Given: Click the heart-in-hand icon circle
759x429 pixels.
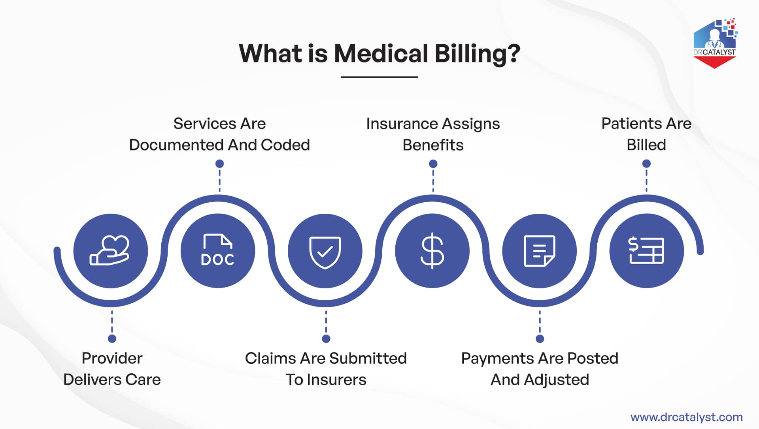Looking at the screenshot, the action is tap(111, 251).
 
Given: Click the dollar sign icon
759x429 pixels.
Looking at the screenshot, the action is tap(432, 251).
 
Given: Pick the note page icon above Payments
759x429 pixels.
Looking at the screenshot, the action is tap(540, 251).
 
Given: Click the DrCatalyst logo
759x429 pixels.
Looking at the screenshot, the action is tap(715, 43).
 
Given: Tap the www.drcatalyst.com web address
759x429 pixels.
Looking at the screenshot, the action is tap(687, 417).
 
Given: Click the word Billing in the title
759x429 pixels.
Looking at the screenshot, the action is tap(477, 53).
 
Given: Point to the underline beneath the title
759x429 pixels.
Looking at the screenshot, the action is tap(379, 77).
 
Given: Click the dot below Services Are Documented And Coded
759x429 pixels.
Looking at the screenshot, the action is tap(220, 164).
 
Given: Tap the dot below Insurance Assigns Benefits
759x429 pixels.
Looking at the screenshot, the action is tap(433, 164).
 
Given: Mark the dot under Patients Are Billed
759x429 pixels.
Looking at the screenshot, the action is tap(646, 164).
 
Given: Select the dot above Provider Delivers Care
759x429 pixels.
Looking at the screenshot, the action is tap(112, 339).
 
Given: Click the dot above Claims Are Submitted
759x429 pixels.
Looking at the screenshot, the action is tap(326, 339).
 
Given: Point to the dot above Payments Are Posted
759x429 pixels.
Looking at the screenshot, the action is tap(540, 339).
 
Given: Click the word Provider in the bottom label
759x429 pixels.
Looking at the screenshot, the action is tap(112, 358).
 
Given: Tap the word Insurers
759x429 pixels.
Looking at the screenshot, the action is tap(337, 380).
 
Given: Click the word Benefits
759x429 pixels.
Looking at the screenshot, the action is tap(433, 145).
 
